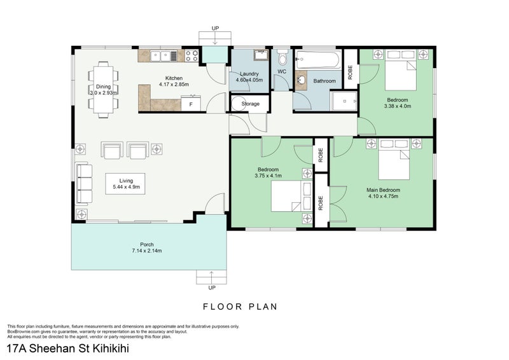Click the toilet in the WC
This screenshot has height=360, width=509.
282,57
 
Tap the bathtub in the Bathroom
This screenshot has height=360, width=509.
319,59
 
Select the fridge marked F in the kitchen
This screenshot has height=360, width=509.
191,104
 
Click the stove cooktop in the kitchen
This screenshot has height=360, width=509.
192,55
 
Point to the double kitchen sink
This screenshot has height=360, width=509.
164,56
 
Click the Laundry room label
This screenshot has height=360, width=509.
249,74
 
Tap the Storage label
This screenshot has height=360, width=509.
250,104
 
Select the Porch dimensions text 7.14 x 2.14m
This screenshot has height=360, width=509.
147,251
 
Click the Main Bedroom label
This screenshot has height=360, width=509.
383,190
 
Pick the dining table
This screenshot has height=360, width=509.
103,90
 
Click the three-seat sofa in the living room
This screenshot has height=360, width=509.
84,184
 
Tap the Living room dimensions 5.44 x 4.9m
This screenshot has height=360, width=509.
126,187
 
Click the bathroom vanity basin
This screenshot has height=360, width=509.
301,80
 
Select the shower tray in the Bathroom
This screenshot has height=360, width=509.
344,101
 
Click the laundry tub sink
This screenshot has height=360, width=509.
260,55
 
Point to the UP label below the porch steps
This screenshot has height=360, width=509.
212,287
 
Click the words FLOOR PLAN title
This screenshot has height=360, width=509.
241,307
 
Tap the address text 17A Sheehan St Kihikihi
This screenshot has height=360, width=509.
68,349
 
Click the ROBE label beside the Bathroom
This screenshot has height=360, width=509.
350,73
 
